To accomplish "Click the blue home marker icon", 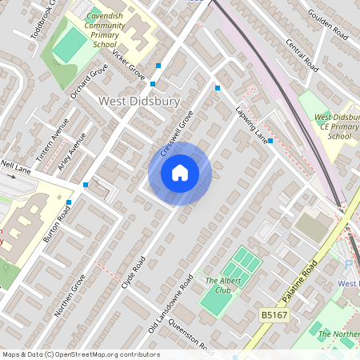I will (x=180, y=173).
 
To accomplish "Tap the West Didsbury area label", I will (x=138, y=101).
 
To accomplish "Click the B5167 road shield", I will (x=273, y=316).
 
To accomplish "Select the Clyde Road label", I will (x=132, y=272).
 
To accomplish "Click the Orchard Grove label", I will (x=88, y=83).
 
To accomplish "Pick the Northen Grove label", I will (x=69, y=296).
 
